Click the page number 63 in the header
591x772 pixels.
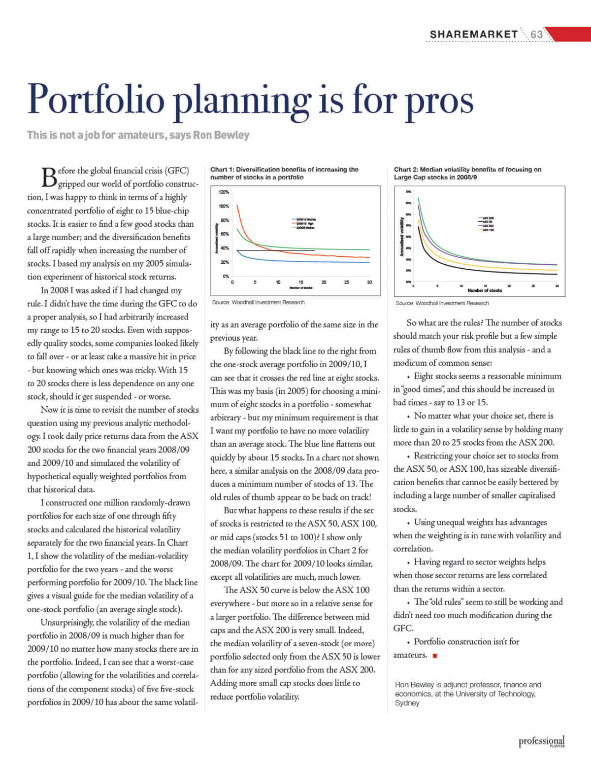536,34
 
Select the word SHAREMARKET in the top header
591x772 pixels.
474,34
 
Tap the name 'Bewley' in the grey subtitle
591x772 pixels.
232,135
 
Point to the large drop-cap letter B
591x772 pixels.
48,177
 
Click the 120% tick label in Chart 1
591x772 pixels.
224,192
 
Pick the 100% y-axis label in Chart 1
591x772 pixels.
224,206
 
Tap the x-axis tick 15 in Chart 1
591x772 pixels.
301,282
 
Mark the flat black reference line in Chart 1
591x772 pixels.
276,250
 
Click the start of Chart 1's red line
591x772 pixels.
237,206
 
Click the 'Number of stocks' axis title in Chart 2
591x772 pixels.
485,290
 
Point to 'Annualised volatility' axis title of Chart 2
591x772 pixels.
402,239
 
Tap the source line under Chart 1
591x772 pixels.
258,302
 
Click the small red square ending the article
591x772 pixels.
434,656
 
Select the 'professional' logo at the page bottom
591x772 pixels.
541,741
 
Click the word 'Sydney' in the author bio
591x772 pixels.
407,703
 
